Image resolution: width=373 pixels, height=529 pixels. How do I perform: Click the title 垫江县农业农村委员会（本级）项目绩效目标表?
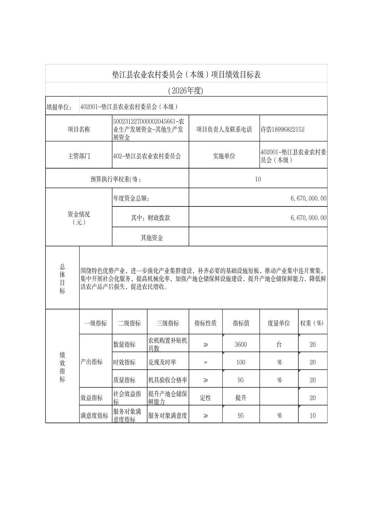coord(186,75)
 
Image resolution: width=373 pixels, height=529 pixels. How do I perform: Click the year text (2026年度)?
coord(185,91)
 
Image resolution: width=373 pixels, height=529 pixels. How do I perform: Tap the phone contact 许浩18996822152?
coord(282,129)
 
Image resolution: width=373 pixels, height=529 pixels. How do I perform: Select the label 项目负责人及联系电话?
coord(224,129)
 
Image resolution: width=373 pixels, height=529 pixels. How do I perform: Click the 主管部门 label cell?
coord(79,156)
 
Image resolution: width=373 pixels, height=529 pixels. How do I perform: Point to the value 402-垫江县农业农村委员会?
coord(147,156)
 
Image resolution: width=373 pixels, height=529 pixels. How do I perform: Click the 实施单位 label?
coord(224,156)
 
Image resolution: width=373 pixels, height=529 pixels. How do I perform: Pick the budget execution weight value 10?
coord(258,179)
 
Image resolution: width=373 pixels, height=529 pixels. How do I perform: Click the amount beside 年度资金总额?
coord(308,198)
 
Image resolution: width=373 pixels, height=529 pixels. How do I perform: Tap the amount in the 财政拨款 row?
coord(308,218)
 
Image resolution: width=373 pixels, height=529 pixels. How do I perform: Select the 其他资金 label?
coord(152,238)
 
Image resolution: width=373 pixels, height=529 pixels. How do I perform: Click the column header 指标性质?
coord(206,323)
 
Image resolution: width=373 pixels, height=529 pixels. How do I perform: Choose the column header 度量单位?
coord(279,323)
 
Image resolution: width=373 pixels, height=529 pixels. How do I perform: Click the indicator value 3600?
coord(241,345)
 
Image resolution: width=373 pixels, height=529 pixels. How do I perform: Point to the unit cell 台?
coord(279,345)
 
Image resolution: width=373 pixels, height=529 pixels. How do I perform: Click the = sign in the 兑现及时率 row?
coord(206,362)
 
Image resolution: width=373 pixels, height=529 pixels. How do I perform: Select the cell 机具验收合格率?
coord(168,380)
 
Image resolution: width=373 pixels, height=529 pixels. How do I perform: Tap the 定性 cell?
coord(206,398)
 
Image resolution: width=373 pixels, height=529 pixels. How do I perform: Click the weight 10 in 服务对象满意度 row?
coord(313,416)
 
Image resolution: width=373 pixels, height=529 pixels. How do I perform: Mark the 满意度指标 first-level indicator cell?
coord(94,416)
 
